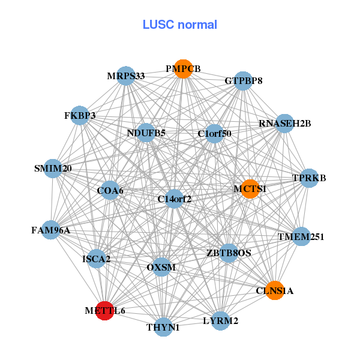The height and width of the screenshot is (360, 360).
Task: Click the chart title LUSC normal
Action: (x=180, y=25)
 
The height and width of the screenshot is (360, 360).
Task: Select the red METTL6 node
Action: (x=105, y=311)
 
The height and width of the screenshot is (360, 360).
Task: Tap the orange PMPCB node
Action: (x=184, y=69)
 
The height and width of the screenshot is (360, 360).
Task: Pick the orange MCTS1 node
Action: (x=250, y=189)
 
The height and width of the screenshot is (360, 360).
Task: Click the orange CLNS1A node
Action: (x=274, y=291)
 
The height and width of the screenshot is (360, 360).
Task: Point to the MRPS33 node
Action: (x=125, y=76)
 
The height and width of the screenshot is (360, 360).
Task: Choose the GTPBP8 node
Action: (x=243, y=80)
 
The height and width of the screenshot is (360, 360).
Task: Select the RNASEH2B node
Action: (x=284, y=124)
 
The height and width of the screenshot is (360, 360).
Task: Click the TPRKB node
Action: (x=308, y=178)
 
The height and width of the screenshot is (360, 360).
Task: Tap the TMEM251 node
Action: (x=301, y=237)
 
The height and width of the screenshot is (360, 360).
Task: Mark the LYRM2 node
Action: (x=221, y=321)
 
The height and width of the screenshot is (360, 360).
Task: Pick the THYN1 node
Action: (x=163, y=327)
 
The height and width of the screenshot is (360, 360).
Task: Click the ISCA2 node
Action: (x=97, y=259)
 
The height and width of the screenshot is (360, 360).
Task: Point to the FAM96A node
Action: (x=51, y=230)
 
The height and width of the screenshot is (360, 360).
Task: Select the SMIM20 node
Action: (x=53, y=169)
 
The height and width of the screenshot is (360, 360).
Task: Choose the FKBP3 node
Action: (x=80, y=115)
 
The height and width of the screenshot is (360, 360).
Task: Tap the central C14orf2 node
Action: (x=174, y=199)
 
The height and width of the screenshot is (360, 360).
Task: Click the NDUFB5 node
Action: (x=146, y=133)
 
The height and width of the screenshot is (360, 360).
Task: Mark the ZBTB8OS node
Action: (x=229, y=253)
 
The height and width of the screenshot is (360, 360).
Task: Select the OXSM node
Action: (x=161, y=266)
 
